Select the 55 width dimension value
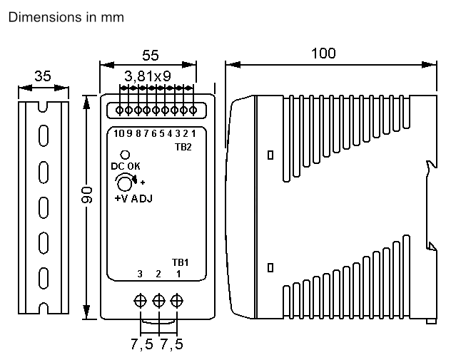click(x=150, y=55)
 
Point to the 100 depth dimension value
click(x=323, y=53)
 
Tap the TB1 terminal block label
click(x=181, y=262)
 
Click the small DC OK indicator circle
click(x=125, y=155)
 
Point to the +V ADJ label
click(x=133, y=198)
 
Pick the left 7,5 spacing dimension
click(x=141, y=344)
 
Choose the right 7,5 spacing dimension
click(x=171, y=344)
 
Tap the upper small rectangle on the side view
click(x=270, y=155)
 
